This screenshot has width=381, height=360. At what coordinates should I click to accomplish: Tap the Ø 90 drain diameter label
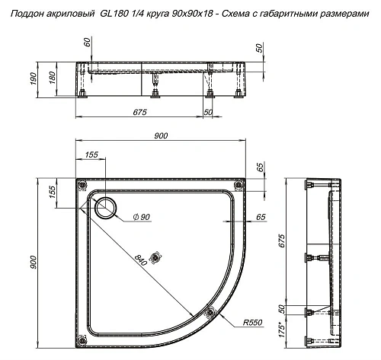(x=142, y=218)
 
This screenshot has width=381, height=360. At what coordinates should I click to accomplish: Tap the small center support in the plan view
(x=158, y=256)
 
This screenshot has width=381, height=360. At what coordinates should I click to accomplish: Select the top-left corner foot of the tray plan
(x=82, y=185)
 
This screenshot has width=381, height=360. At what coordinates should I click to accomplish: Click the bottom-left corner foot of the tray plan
(x=82, y=342)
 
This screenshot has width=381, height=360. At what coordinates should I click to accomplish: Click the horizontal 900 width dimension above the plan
(x=162, y=135)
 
